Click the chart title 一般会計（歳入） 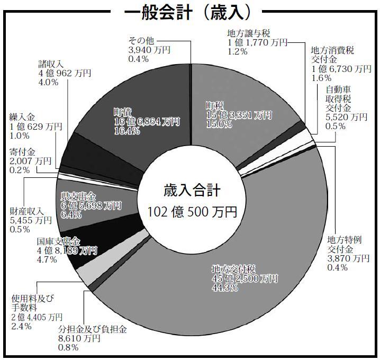(187, 12)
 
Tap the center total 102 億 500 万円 (192, 212)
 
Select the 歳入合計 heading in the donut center (192, 190)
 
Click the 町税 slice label (215, 106)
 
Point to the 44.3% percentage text (225, 287)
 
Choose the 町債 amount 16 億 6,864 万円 (147, 121)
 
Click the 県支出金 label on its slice (78, 196)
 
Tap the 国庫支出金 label (58, 241)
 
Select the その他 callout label (141, 40)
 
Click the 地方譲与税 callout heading (249, 33)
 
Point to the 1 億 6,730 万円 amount (341, 69)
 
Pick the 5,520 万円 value (346, 117)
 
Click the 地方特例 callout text (345, 240)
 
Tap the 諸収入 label (51, 64)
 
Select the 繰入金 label (22, 118)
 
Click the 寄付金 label (22, 152)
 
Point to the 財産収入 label (26, 211)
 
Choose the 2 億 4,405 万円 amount (37, 317)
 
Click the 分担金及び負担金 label (92, 329)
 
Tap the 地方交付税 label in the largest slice (233, 269)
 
